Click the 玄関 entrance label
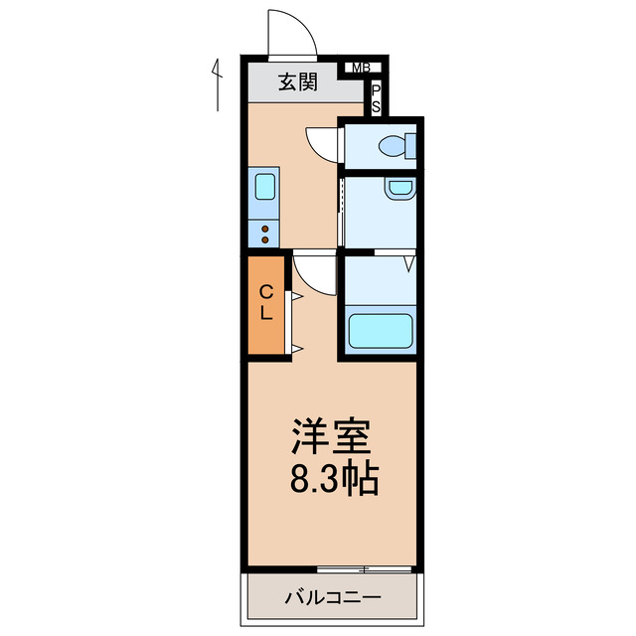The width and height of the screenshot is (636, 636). pyautogui.click(x=297, y=82)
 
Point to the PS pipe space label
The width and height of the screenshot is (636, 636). pyautogui.click(x=377, y=97)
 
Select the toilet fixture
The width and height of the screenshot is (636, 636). pyautogui.click(x=397, y=146)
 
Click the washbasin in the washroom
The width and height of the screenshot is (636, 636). pyautogui.click(x=399, y=187)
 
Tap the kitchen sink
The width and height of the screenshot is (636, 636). pyautogui.click(x=265, y=188)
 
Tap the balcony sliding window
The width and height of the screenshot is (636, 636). pyautogui.click(x=365, y=569)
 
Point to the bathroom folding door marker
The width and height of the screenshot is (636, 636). pyautogui.click(x=409, y=263)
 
